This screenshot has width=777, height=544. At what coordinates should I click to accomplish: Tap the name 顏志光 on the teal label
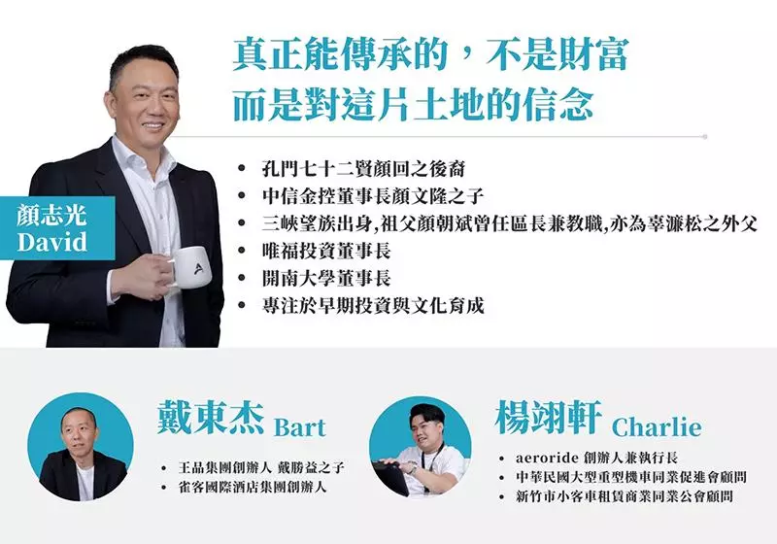pos(51,216)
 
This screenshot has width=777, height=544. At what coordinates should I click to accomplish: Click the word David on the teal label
pos(52,242)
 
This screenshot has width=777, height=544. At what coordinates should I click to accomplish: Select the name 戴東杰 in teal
pos(210,419)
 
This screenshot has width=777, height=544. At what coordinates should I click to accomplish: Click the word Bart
pos(300,427)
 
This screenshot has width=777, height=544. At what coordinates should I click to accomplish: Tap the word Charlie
pos(657,427)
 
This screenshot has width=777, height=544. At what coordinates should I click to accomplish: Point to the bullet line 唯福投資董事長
pos(326,251)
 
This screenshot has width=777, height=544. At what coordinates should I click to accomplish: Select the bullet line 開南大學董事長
pos(326,278)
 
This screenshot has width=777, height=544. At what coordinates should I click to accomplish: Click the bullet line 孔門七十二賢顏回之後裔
pos(363,169)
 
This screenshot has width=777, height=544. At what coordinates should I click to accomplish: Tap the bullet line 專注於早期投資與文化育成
pos(373,305)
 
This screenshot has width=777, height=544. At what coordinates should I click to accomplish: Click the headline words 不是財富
pos(557,55)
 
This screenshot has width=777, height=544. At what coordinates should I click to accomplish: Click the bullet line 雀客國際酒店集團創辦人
pos(253,487)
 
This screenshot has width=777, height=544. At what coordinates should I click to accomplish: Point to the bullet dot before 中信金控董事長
pos(242,196)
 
